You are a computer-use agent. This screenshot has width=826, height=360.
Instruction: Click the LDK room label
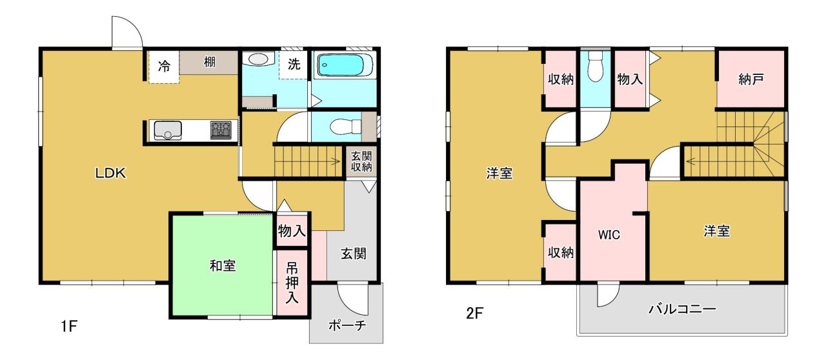tap(110, 173)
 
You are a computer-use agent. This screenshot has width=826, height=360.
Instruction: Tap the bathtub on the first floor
tap(345, 66)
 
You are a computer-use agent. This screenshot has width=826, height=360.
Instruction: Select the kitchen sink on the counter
tap(168, 130)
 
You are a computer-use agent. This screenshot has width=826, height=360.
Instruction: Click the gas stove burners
tap(221, 130)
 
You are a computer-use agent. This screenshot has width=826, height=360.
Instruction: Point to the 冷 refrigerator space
tap(164, 67)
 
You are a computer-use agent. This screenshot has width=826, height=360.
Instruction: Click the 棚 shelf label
tap(210, 61)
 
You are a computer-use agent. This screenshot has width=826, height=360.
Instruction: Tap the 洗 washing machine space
tap(294, 64)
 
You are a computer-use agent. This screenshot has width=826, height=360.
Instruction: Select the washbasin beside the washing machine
tap(258, 59)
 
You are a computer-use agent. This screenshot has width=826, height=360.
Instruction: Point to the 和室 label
tap(223, 266)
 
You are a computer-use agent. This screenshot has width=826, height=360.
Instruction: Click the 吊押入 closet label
tap(292, 283)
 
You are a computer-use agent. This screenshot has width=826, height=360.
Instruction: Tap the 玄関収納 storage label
tap(361, 161)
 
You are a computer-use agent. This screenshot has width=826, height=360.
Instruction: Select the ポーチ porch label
tap(347, 325)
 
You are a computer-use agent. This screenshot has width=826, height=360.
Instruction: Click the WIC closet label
tap(609, 235)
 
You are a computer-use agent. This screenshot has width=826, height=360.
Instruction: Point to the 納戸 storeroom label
tap(750, 79)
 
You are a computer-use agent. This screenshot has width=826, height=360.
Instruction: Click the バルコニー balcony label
tap(683, 308)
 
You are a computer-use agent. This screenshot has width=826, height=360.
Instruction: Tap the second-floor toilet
tap(595, 66)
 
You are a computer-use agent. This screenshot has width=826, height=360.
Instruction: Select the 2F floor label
tap(474, 313)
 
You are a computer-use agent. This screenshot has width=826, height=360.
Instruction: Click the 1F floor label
tap(69, 326)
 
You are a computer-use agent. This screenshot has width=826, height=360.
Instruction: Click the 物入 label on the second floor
tap(630, 79)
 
